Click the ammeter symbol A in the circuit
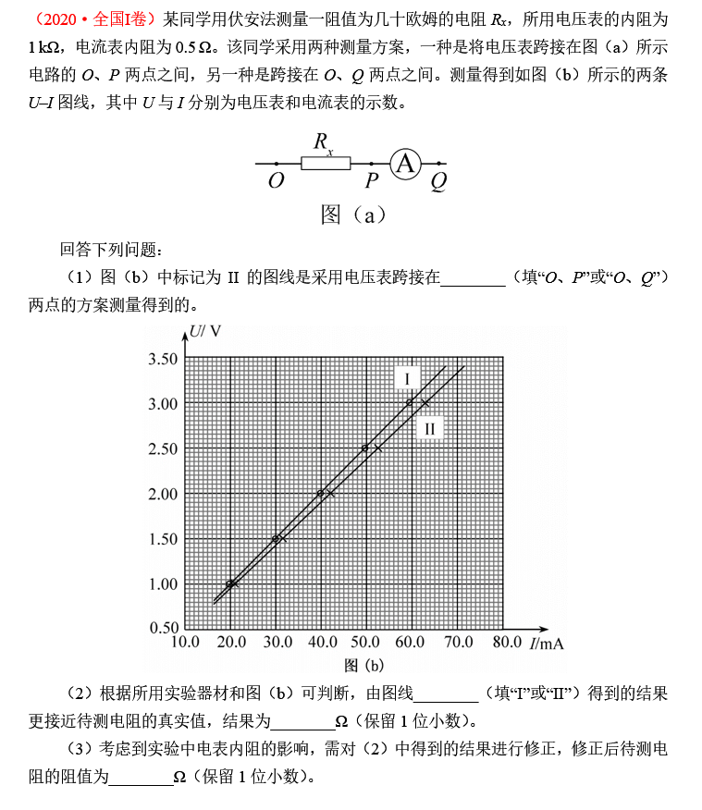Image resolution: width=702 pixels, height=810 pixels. pyautogui.click(x=404, y=164)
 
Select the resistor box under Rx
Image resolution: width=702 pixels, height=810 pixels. pyautogui.click(x=326, y=164)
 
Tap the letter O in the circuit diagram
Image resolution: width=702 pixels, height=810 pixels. pyautogui.click(x=276, y=181)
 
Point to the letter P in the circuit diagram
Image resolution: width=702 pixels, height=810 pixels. pyautogui.click(x=372, y=181)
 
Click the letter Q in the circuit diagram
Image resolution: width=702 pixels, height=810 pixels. pyautogui.click(x=438, y=181)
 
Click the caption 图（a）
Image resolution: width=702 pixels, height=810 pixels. pyautogui.click(x=351, y=215)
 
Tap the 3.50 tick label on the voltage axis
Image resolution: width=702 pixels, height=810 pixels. pyautogui.click(x=162, y=359)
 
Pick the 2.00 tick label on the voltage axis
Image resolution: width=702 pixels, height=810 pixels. pyautogui.click(x=162, y=494)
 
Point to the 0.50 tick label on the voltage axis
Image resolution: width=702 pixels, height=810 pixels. pyautogui.click(x=162, y=629)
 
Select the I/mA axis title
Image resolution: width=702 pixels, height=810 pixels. pyautogui.click(x=548, y=643)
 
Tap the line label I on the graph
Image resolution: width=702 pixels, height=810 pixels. pyautogui.click(x=407, y=377)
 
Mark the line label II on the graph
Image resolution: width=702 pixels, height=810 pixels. pyautogui.click(x=429, y=428)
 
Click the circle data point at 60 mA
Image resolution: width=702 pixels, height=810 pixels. pyautogui.click(x=410, y=402)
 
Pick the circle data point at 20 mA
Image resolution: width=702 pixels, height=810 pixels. pyautogui.click(x=229, y=583)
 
